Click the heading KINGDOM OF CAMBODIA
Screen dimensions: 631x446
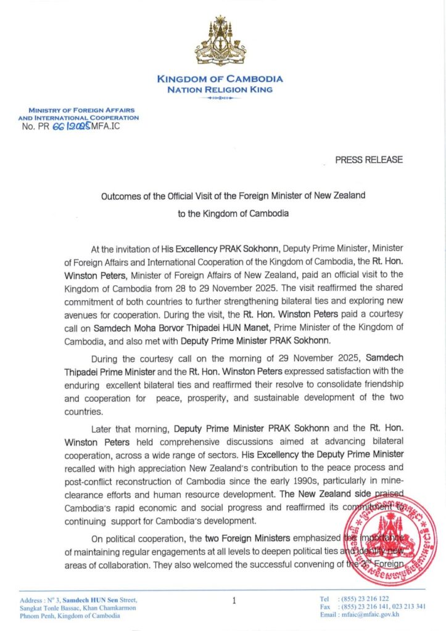click(x=220, y=79)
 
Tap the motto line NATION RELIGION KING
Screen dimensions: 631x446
click(x=220, y=89)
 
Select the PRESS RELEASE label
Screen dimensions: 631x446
click(x=369, y=160)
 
